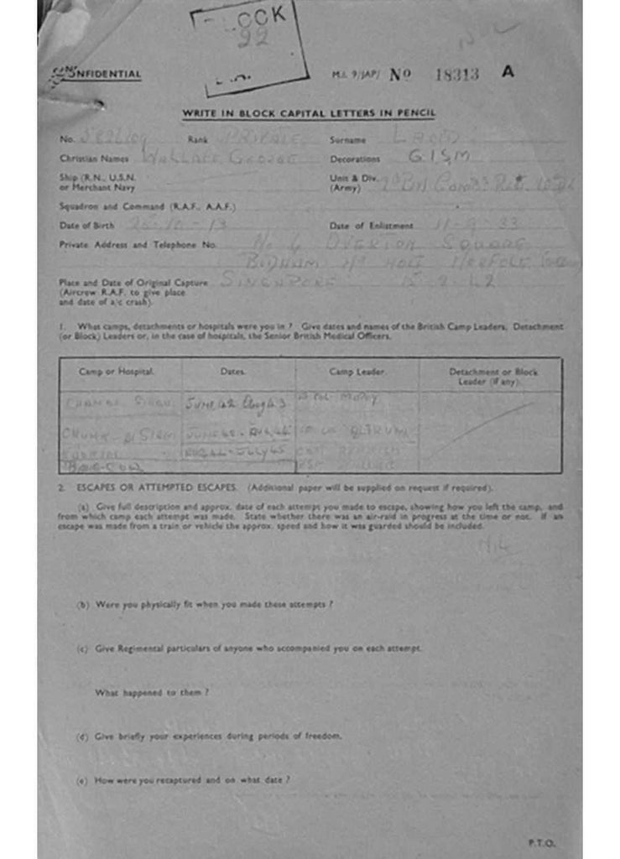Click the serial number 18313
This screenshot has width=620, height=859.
point(456,74)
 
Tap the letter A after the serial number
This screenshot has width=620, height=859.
point(508,71)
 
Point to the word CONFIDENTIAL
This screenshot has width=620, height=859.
point(96,75)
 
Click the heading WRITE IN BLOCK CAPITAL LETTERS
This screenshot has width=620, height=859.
point(309,113)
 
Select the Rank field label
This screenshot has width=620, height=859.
point(197,139)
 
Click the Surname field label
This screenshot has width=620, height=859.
point(347,139)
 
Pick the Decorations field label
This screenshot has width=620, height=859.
point(355,159)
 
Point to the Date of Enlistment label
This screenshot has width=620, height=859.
point(371,226)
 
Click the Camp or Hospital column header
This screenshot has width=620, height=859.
point(116,371)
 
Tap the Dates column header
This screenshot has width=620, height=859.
point(232,371)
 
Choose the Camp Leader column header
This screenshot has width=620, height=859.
point(357,371)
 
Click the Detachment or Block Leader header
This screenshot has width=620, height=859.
point(492,375)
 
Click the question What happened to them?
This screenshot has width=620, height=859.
point(152,693)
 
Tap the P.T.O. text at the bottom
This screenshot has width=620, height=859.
point(541,842)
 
